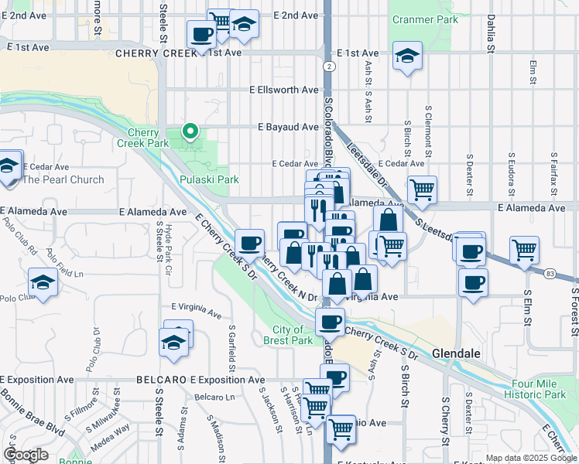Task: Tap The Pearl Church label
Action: pyautogui.click(x=63, y=179)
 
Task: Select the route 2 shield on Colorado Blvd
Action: pyautogui.click(x=330, y=67)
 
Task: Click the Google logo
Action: pyautogui.click(x=26, y=455)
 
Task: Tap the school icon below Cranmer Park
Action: pyautogui.click(x=406, y=56)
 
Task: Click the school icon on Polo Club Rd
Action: pyautogui.click(x=42, y=282)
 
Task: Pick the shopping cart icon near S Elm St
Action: pyautogui.click(x=524, y=251)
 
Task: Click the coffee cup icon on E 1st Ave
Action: pyautogui.click(x=201, y=35)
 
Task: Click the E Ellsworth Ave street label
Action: pyautogui.click(x=283, y=90)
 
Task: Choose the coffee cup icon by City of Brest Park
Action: pyautogui.click(x=330, y=321)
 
